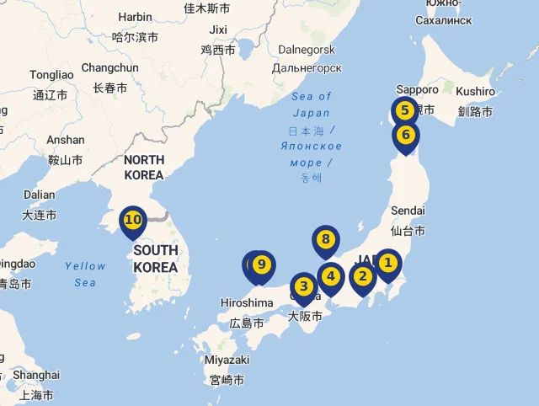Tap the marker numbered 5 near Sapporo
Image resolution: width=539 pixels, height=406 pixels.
point(404,110)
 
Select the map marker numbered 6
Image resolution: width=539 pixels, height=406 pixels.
point(405,135)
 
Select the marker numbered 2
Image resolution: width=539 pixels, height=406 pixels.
point(363,276)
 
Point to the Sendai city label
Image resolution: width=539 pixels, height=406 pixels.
point(408,210)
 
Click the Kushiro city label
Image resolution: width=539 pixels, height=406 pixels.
point(476,91)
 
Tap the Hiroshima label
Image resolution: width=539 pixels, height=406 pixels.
point(247,303)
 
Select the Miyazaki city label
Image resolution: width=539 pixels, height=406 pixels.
point(227,360)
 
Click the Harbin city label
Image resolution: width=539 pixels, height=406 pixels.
point(135,17)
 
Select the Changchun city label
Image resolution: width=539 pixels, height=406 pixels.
point(109,67)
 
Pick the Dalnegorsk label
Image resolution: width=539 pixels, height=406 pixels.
point(307,50)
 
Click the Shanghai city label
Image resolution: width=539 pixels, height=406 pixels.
point(36,375)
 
